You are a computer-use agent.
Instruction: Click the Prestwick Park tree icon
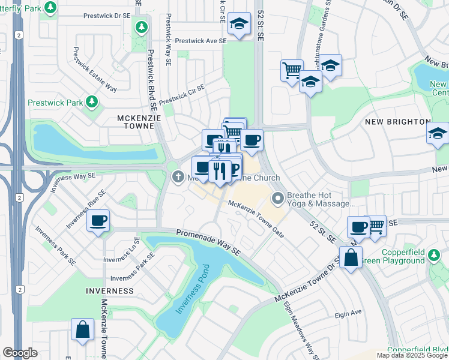(92, 101)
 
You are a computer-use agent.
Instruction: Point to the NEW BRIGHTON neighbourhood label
(397, 122)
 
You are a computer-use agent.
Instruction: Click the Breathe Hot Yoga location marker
(277, 198)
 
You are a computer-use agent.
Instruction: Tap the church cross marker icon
(178, 177)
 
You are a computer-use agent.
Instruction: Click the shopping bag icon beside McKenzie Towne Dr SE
(351, 258)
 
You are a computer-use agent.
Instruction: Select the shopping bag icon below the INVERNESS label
(82, 329)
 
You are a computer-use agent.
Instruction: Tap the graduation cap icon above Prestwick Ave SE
(239, 23)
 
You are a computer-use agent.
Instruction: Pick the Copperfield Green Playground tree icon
(435, 256)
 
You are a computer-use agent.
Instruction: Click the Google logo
(20, 353)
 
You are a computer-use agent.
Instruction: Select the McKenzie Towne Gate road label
(256, 219)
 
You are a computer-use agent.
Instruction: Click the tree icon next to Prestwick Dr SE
(142, 26)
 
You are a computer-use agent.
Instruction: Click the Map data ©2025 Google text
(412, 355)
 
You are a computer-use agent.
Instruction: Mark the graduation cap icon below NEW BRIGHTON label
(438, 134)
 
